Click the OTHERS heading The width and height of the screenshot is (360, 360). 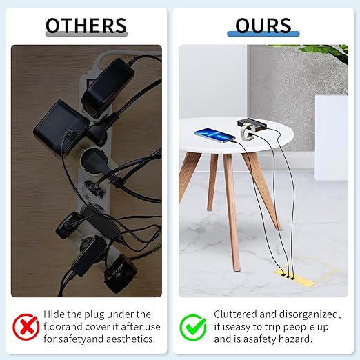pyautogui.click(x=86, y=26)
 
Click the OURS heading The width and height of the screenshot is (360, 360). pyautogui.click(x=263, y=26)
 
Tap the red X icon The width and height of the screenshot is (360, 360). pyautogui.click(x=26, y=327)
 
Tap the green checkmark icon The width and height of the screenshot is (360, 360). pyautogui.click(x=193, y=328)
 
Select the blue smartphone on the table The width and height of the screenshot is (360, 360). pyautogui.click(x=215, y=135)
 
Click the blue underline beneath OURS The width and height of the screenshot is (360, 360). pyautogui.click(x=263, y=34)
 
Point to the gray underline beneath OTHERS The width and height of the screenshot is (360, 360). pyautogui.click(x=86, y=34)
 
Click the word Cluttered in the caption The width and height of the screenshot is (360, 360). pyautogui.click(x=235, y=314)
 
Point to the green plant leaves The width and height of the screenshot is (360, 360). pyautogui.click(x=322, y=51)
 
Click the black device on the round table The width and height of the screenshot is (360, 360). pyautogui.click(x=252, y=124)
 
